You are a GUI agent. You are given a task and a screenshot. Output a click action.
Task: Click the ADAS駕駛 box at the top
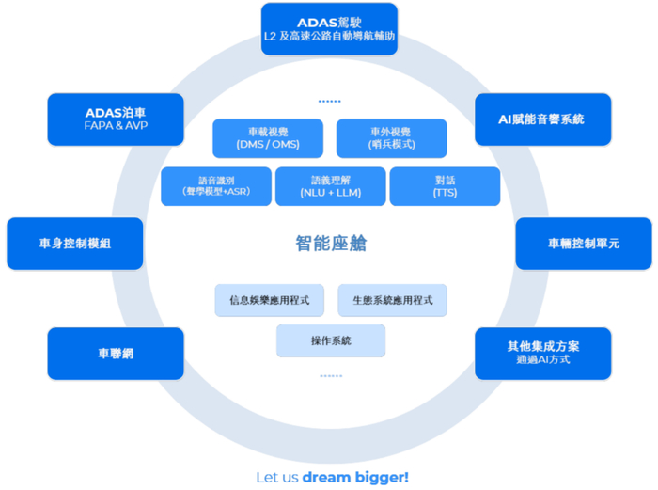329,29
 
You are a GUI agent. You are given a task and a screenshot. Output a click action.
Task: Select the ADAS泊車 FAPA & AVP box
116,119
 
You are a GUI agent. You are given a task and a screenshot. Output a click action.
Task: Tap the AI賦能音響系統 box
542,119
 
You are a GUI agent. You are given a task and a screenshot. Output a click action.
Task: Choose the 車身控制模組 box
74,244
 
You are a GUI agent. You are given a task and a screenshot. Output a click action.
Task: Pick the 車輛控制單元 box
584,244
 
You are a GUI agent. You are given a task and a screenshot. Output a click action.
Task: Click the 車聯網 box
116,354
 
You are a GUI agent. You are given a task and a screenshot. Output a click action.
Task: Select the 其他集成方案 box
542,354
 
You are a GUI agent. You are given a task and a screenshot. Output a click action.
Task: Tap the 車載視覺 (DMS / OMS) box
268,138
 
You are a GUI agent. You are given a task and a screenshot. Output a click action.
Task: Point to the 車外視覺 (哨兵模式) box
392,138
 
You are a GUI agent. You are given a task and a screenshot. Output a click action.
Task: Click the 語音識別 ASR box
216,186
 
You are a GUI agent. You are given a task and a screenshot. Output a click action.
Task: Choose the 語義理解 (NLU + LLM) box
331,186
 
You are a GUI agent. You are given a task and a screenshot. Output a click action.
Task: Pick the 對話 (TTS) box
445,186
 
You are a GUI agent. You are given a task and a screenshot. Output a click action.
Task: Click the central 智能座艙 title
331,244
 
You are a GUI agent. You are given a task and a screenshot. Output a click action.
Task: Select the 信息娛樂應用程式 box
270,300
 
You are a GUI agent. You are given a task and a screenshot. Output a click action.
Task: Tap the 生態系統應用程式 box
392,300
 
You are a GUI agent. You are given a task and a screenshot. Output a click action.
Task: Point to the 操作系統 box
331,340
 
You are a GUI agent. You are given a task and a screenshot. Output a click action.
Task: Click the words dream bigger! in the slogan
355,478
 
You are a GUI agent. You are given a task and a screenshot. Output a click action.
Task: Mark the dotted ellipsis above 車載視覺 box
329,102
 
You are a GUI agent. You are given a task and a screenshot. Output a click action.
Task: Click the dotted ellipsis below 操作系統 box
331,376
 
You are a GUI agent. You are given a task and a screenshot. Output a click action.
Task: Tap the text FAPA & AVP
116,125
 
